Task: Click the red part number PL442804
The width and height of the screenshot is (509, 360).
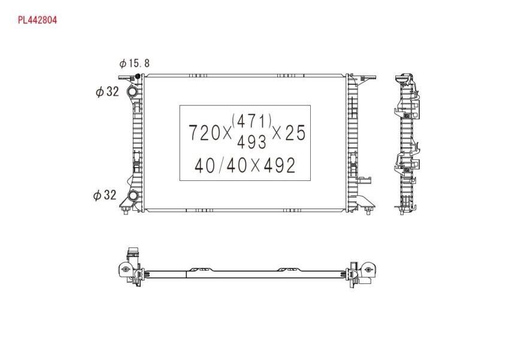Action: [37, 20]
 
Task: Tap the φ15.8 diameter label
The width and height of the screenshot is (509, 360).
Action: [134, 63]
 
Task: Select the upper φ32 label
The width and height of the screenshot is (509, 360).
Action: [107, 92]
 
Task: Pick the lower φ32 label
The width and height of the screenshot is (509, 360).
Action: [105, 195]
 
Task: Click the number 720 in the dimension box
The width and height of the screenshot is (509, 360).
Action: [205, 133]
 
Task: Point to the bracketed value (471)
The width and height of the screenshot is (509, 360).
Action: [252, 121]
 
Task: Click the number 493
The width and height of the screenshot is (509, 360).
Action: [252, 141]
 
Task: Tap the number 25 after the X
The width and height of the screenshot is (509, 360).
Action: [295, 133]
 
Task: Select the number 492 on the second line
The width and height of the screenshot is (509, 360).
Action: [280, 165]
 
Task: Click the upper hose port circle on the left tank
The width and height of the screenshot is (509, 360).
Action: [133, 92]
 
